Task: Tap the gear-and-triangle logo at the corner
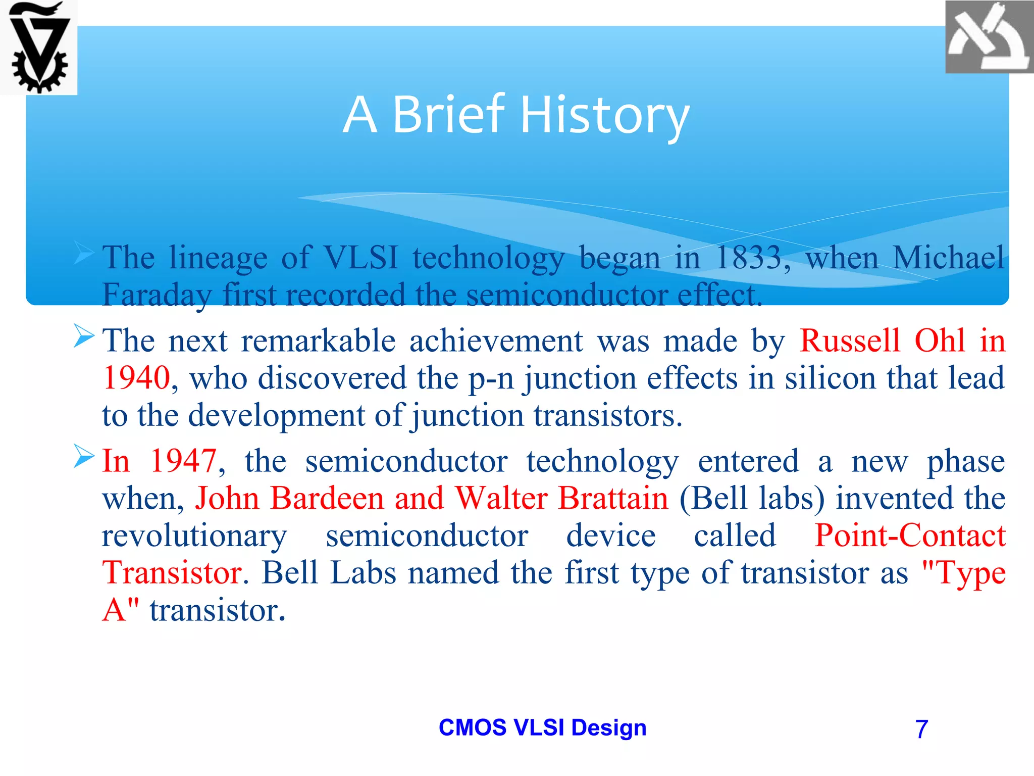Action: pyautogui.click(x=38, y=47)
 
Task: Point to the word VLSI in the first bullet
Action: pyautogui.click(x=360, y=258)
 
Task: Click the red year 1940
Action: pyautogui.click(x=136, y=378)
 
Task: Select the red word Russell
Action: pyautogui.click(x=850, y=341)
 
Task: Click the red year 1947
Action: pyautogui.click(x=184, y=461)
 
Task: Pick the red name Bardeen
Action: pyautogui.click(x=327, y=498)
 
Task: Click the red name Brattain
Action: pyautogui.click(x=613, y=498)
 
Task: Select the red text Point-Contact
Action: pyautogui.click(x=910, y=536)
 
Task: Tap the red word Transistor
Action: pyautogui.click(x=172, y=573)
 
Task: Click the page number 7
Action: pyautogui.click(x=921, y=729)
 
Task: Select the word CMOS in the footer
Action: pyautogui.click(x=472, y=727)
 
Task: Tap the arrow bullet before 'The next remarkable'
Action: pyautogui.click(x=83, y=336)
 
